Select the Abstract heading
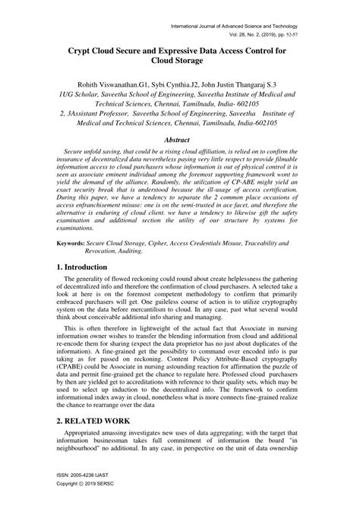(180, 140)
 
